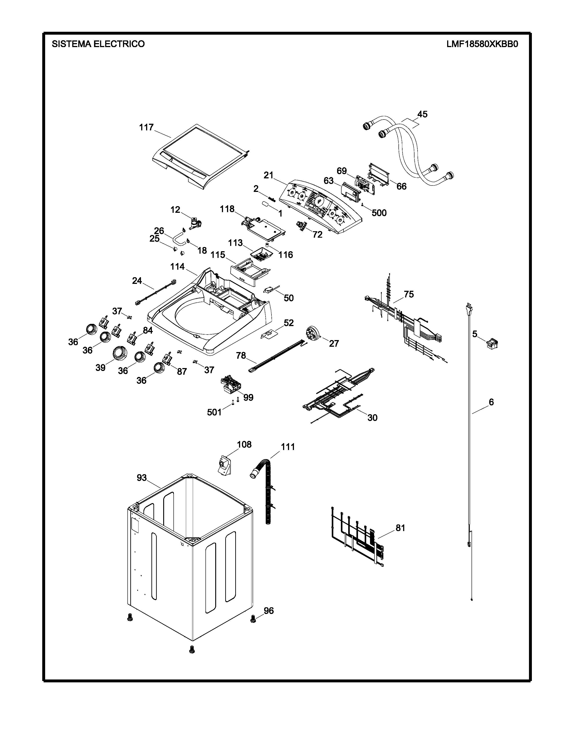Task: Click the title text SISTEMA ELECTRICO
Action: [x=98, y=44]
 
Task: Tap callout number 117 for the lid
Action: [x=147, y=127]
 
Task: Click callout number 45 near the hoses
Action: [x=422, y=114]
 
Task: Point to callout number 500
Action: [x=379, y=213]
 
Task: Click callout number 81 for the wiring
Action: [x=400, y=528]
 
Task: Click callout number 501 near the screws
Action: [x=214, y=412]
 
